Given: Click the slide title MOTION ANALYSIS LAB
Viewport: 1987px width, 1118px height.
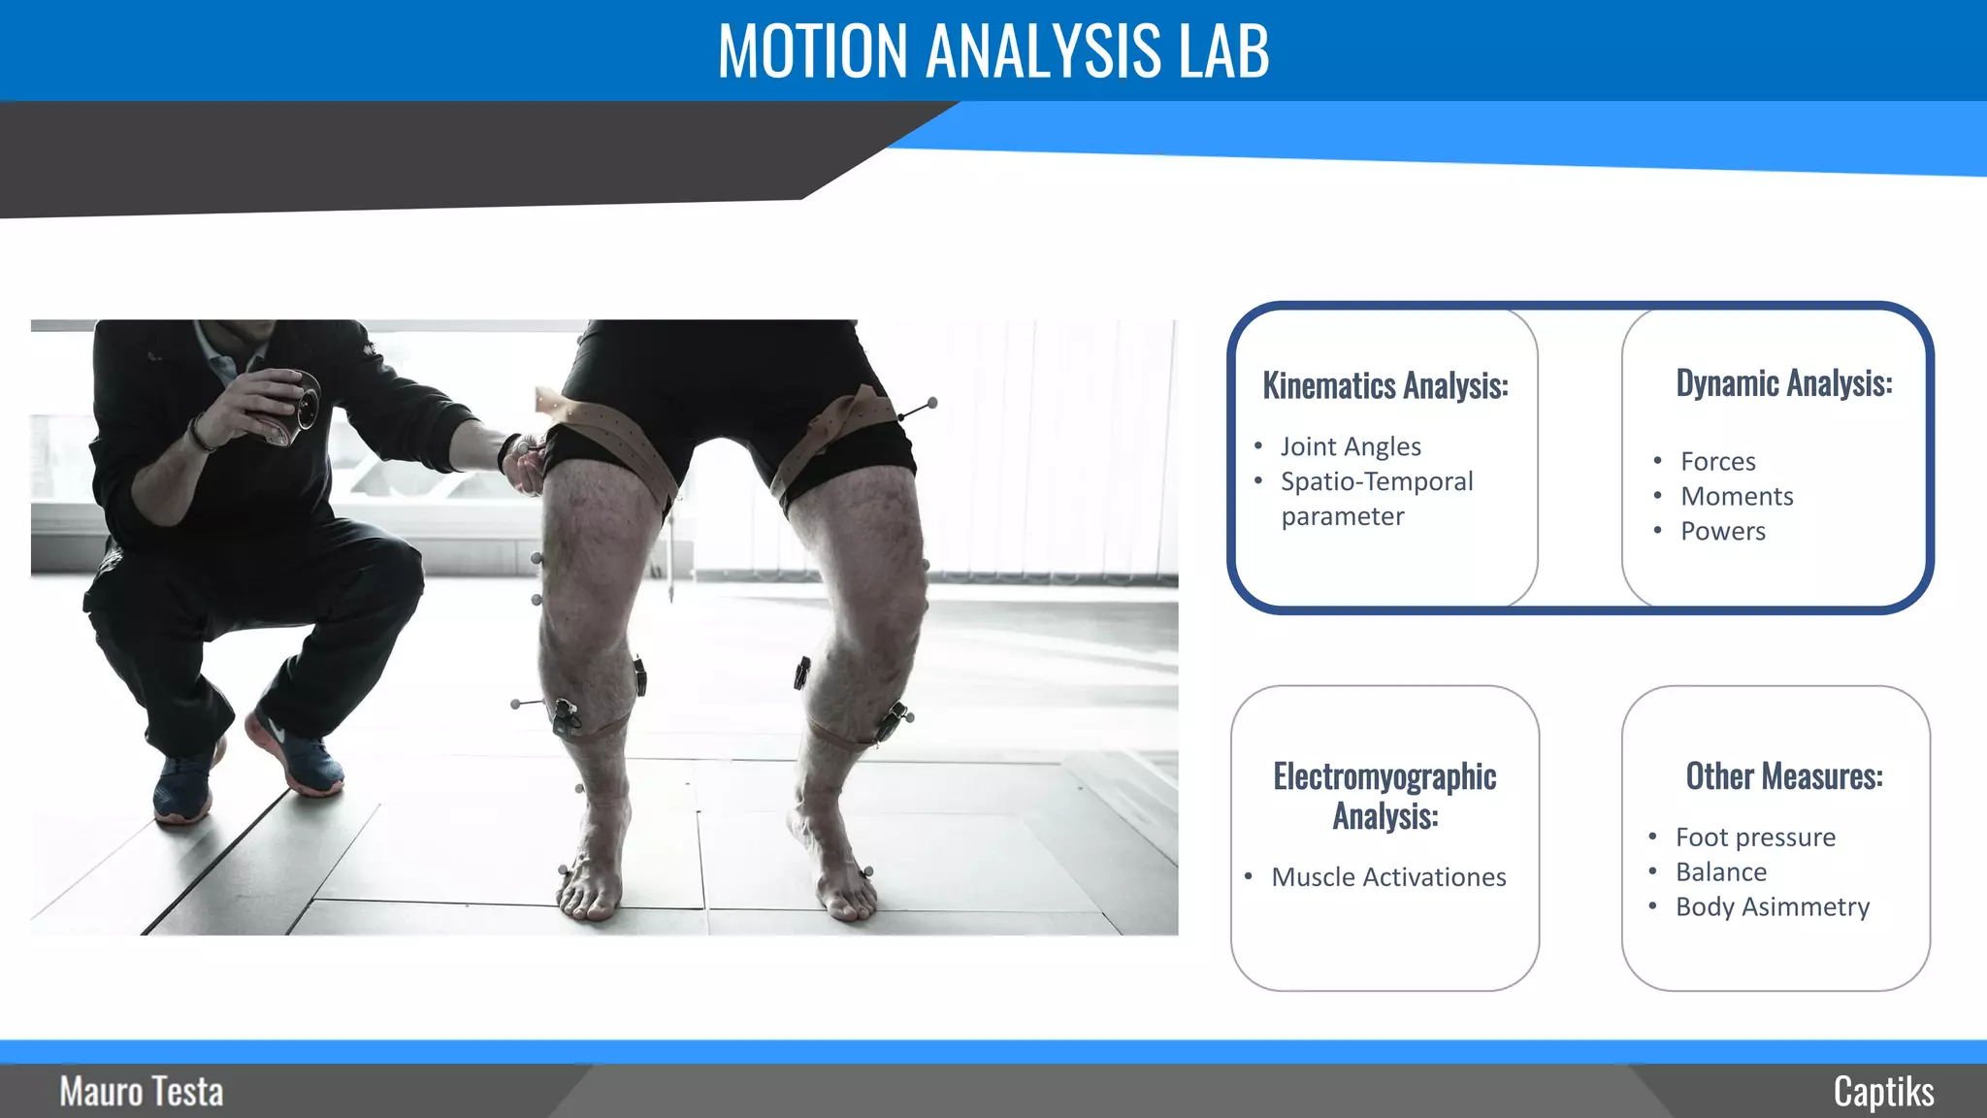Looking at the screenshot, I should [x=993, y=50].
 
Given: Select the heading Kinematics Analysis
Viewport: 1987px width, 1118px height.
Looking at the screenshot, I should [x=1384, y=385].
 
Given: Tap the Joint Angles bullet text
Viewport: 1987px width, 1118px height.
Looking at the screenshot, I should [x=1350, y=446].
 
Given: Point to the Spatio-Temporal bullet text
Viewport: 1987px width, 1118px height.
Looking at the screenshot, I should [x=1376, y=482].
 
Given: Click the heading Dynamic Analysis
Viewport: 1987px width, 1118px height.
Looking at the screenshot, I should [x=1783, y=383].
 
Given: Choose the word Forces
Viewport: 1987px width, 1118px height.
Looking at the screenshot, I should [x=1717, y=461].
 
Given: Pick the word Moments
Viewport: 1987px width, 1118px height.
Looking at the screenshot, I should [x=1736, y=496].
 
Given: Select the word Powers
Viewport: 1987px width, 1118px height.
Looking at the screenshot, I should [x=1722, y=531].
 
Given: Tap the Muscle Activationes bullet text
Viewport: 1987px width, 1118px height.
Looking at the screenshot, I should [x=1388, y=877].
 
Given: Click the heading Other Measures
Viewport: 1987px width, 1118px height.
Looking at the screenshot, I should [x=1783, y=776].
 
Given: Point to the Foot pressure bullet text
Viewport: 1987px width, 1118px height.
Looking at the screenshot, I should [x=1754, y=837].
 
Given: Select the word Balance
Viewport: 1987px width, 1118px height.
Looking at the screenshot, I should [x=1720, y=871].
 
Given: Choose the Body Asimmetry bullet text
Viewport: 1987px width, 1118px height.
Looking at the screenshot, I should [x=1772, y=906].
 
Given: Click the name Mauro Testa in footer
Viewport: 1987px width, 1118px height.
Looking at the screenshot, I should [x=142, y=1092].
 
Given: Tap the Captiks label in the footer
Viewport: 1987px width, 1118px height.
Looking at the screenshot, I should [x=1883, y=1092].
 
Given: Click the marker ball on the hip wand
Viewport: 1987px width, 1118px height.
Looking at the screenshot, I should [x=931, y=402].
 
